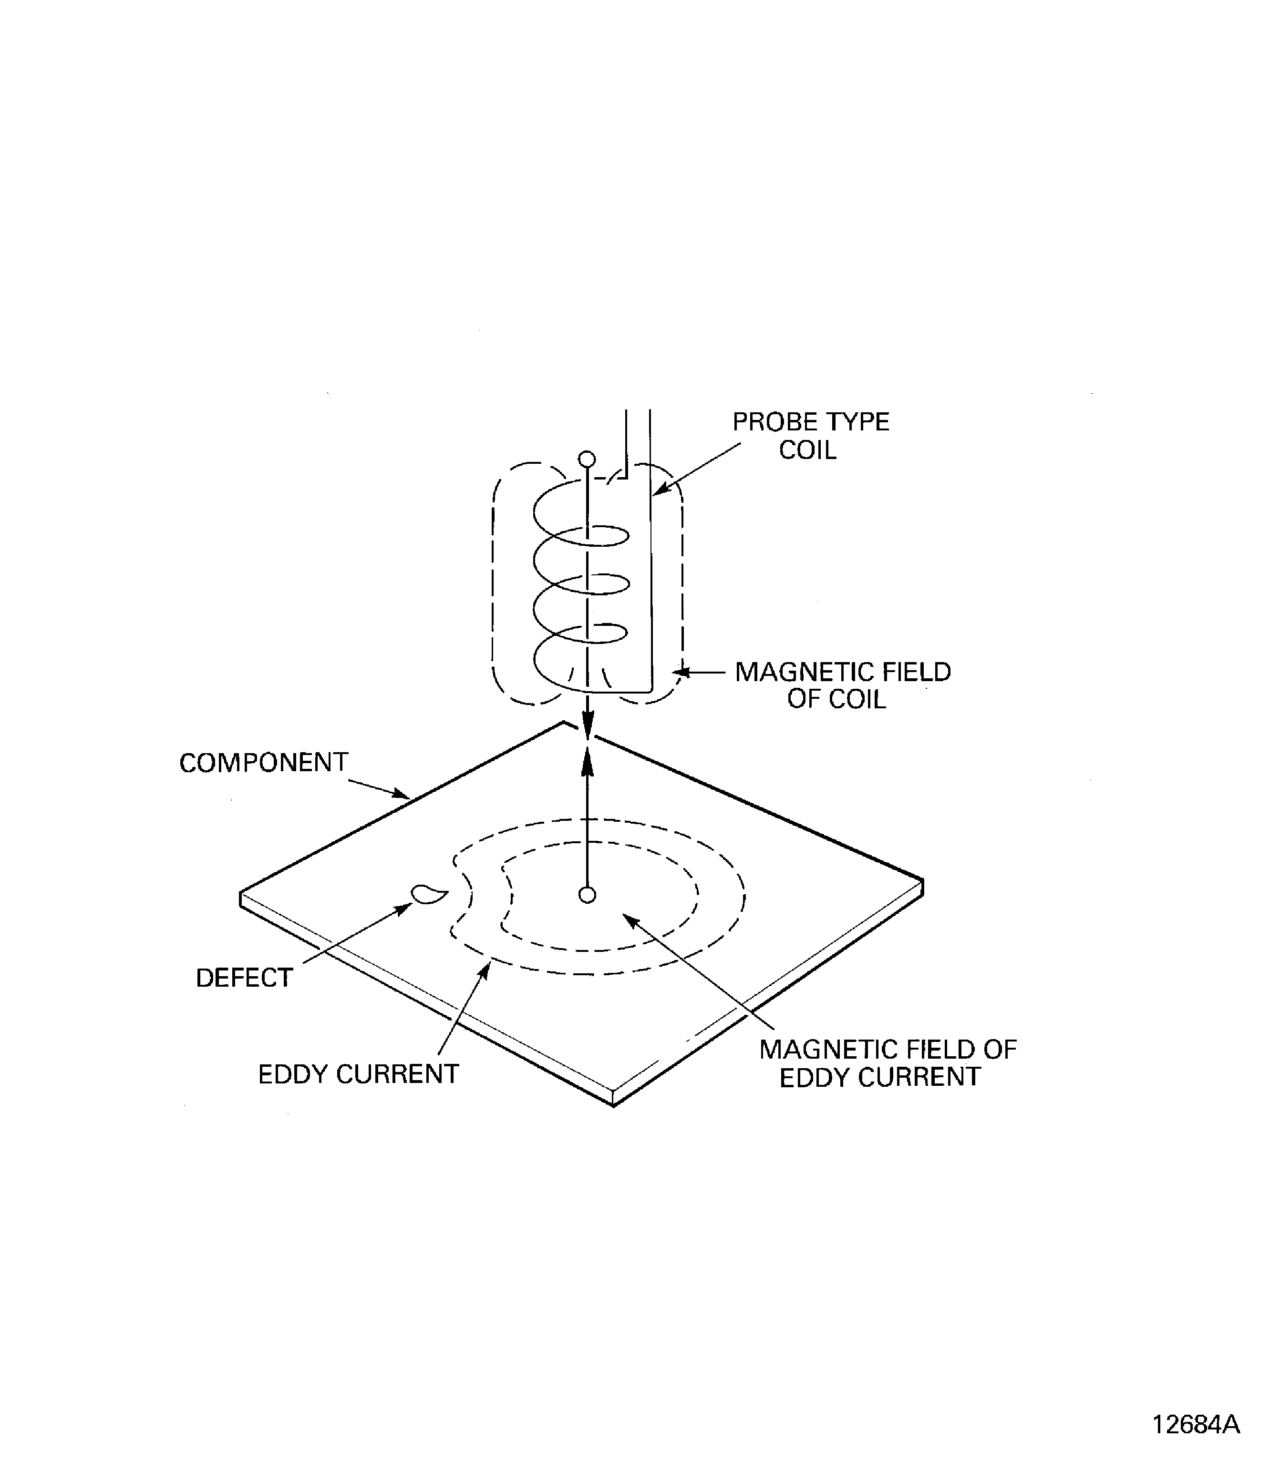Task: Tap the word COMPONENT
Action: [264, 763]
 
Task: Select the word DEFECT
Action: [244, 978]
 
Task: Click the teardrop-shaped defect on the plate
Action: [428, 895]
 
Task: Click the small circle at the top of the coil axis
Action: [587, 459]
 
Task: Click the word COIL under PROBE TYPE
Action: [807, 450]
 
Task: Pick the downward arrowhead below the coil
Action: [587, 724]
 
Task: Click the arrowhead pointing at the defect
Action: [405, 908]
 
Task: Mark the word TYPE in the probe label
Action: [859, 422]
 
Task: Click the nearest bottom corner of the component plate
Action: [613, 1104]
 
